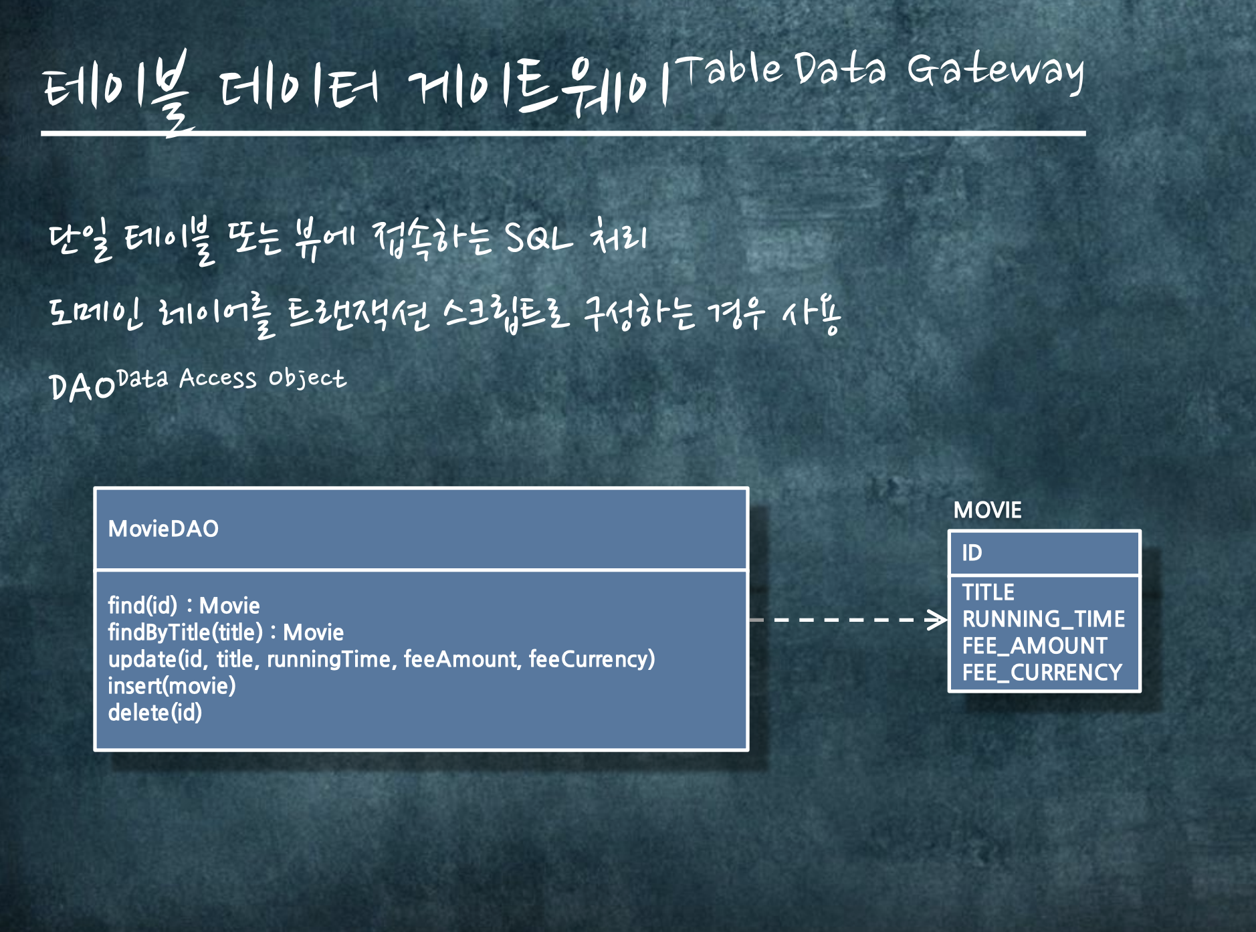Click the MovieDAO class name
click(x=163, y=529)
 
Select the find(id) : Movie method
click(x=184, y=606)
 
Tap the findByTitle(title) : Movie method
click(x=226, y=632)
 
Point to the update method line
click(x=381, y=659)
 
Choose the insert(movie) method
click(x=172, y=686)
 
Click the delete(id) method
click(x=155, y=713)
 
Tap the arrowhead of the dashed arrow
click(x=938, y=620)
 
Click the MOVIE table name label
click(x=987, y=510)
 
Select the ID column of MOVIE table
click(x=972, y=553)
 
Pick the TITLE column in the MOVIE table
click(x=988, y=592)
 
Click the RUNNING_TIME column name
click(x=1043, y=619)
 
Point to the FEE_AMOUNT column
click(x=1035, y=646)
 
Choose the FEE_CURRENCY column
click(x=1042, y=673)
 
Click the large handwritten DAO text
click(x=82, y=386)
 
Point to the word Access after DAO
click(x=217, y=378)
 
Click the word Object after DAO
click(x=307, y=378)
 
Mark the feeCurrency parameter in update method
click(x=591, y=659)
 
